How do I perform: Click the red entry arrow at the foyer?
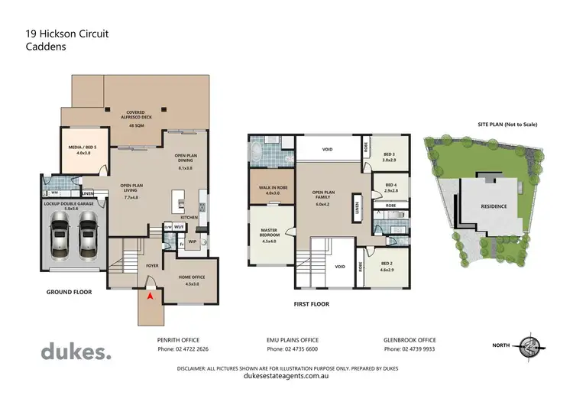click(x=151, y=295)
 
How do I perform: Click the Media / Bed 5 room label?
click(x=83, y=150)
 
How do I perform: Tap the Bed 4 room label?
click(x=390, y=186)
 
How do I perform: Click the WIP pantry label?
click(x=191, y=241)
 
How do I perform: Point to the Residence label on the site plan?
click(x=491, y=206)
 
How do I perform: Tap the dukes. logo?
click(x=76, y=352)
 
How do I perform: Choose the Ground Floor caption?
click(x=70, y=292)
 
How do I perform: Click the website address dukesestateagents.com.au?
click(x=286, y=376)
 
